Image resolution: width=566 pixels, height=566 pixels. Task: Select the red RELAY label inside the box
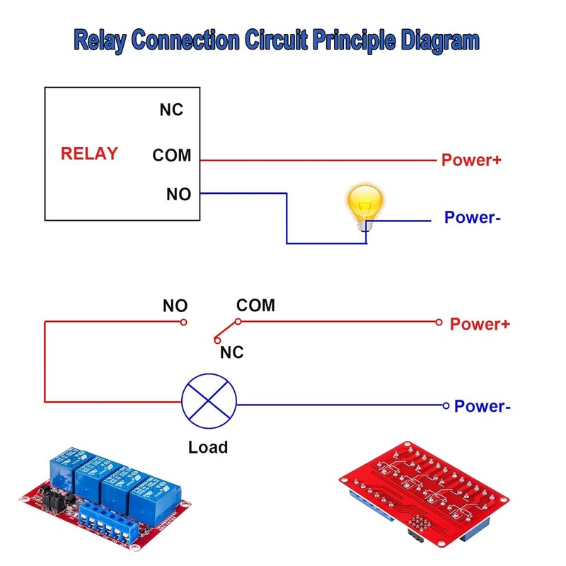[89, 154]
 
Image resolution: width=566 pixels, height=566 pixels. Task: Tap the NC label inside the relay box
[171, 110]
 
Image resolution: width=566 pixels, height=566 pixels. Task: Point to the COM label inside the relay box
[172, 155]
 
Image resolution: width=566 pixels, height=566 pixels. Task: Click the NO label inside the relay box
[178, 194]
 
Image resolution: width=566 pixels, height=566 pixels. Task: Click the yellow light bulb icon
[365, 204]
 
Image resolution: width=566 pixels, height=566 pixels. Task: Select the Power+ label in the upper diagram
[471, 160]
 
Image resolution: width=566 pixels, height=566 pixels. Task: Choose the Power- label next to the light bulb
[472, 217]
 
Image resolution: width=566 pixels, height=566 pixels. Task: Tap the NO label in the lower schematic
[175, 306]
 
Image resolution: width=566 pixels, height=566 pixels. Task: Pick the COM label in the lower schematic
[255, 306]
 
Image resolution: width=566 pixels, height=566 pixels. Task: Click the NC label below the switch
[231, 352]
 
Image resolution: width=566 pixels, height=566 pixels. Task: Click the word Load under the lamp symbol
[208, 447]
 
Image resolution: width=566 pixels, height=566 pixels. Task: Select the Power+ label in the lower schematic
[480, 324]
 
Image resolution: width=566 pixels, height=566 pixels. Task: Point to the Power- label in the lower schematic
[482, 406]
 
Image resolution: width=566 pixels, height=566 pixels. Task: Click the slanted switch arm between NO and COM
[226, 329]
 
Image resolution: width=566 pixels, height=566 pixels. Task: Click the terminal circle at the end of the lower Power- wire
[445, 405]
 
